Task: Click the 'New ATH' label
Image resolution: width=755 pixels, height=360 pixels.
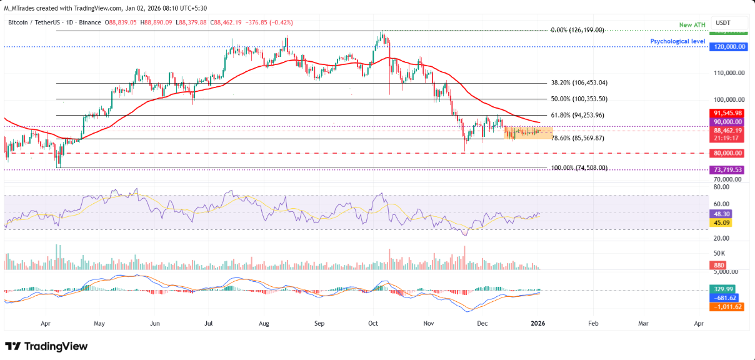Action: pyautogui.click(x=692, y=24)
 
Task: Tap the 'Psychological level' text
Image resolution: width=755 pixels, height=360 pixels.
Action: pyautogui.click(x=677, y=41)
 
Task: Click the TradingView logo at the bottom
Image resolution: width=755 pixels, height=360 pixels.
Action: pyautogui.click(x=46, y=346)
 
